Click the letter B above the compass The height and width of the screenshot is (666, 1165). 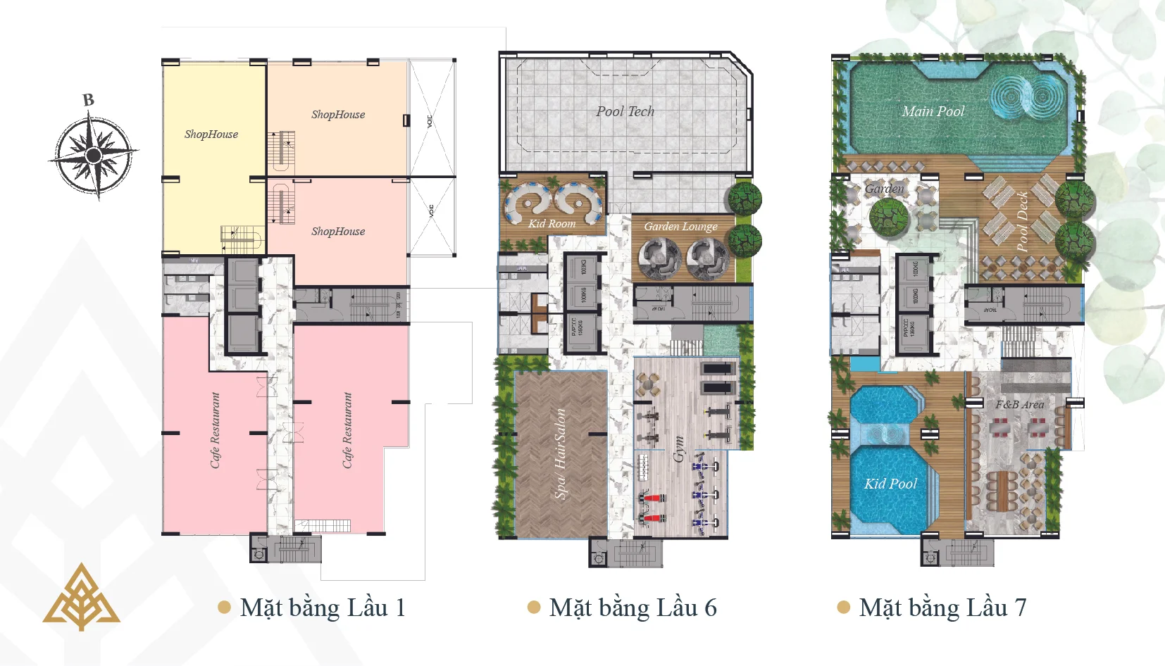(88, 100)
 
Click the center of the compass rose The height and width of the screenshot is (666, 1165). (93, 155)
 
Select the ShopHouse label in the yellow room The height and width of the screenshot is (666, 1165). (211, 134)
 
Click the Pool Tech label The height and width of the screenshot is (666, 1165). (625, 111)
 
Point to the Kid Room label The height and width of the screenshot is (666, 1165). (552, 224)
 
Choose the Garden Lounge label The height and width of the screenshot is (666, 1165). (680, 227)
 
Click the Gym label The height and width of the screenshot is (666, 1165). (679, 448)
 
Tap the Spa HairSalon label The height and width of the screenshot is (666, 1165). (561, 454)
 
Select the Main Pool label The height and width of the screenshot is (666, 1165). (933, 111)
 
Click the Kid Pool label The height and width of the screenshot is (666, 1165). (890, 484)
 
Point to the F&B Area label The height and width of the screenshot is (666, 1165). (1019, 405)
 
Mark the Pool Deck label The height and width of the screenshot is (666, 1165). (1022, 222)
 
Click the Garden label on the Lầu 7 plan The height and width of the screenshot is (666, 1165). (884, 189)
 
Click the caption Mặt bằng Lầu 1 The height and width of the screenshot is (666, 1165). (323, 608)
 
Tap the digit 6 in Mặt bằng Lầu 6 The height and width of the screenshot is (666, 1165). (710, 608)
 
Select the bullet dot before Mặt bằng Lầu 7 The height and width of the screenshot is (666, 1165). (843, 608)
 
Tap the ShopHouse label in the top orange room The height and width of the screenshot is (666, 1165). (338, 115)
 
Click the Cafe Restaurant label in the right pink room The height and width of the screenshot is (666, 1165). (347, 430)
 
